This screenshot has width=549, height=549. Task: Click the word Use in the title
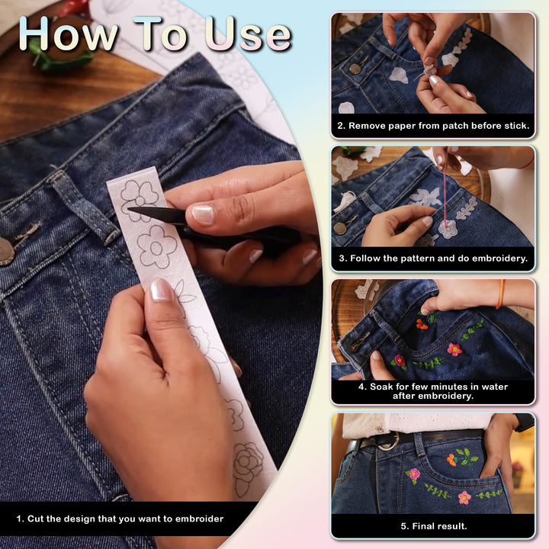pos(248,34)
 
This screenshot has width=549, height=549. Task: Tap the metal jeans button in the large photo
pos(6,251)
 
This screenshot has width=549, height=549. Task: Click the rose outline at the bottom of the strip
pos(249,463)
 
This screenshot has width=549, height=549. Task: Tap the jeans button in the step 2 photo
pos(355,69)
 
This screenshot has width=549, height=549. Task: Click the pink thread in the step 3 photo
pos(445,189)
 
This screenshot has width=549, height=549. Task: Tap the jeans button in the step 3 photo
pos(339,228)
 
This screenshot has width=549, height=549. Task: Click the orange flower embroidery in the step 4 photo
pos(422,325)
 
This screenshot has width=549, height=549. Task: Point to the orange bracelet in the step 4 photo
pos(500,294)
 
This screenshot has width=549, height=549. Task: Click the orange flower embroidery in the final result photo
pos(451,460)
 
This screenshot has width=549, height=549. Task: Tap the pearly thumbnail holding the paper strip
pos(161,290)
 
